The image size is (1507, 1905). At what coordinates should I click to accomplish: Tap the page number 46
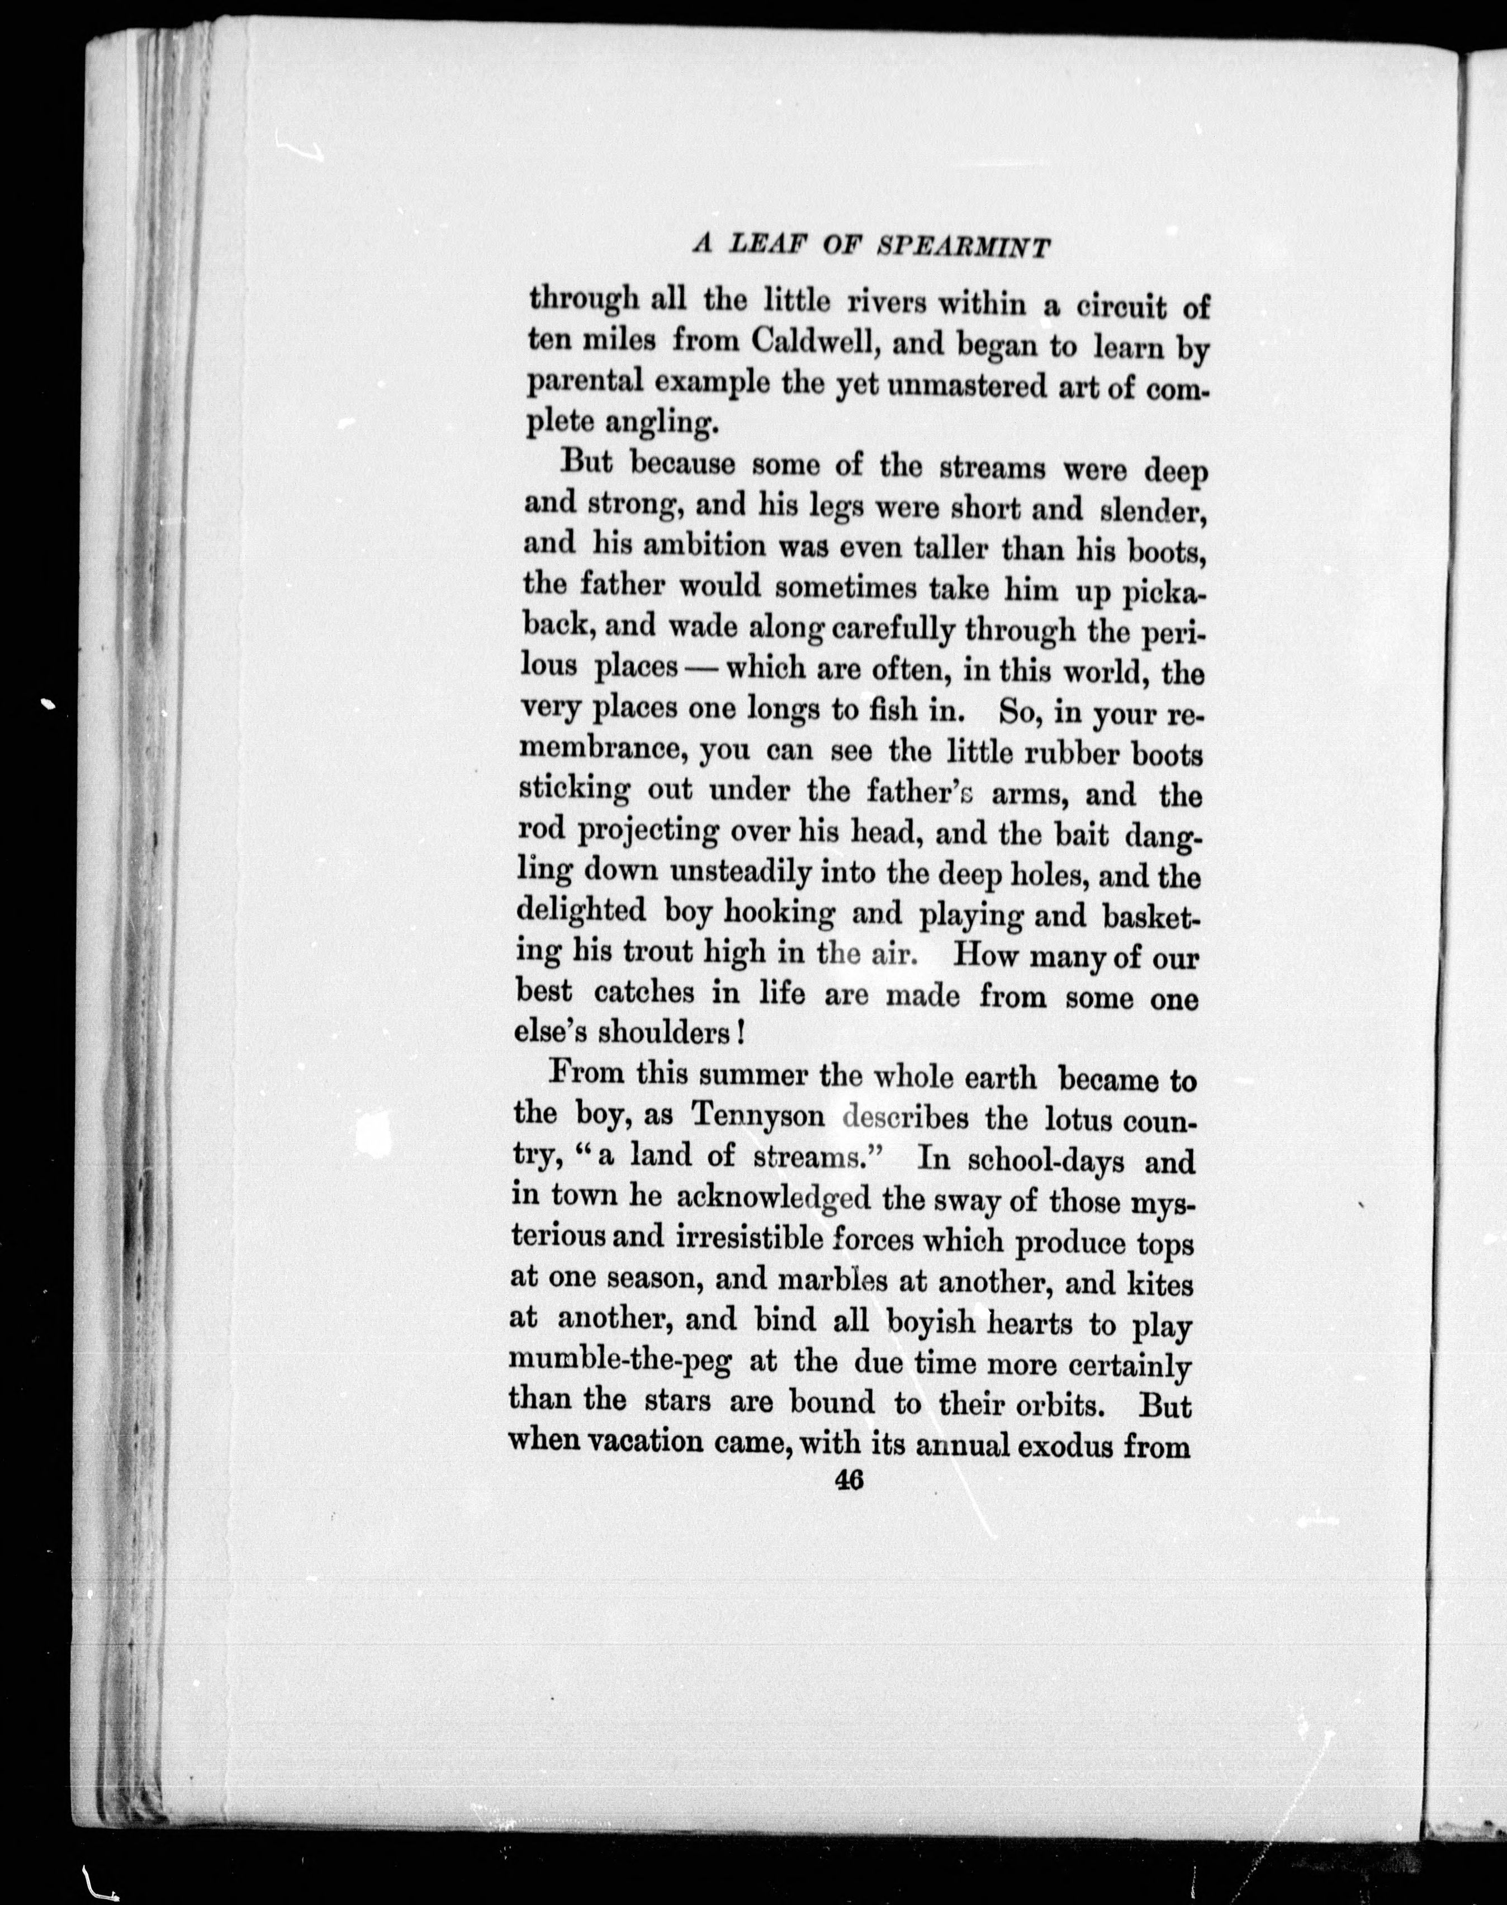click(x=848, y=1480)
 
